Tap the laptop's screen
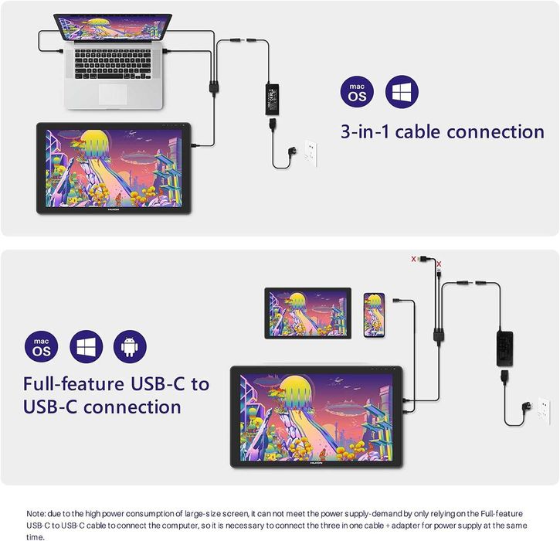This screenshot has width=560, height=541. pyautogui.click(x=114, y=29)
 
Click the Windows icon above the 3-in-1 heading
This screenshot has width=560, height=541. pyautogui.click(x=402, y=92)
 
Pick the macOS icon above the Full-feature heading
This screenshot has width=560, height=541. pyautogui.click(x=40, y=347)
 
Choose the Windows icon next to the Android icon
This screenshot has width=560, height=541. pyautogui.click(x=86, y=346)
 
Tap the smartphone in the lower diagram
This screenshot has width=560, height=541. pyautogui.click(x=374, y=314)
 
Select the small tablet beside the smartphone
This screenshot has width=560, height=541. pyautogui.click(x=308, y=311)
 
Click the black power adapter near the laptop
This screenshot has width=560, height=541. pyautogui.click(x=276, y=98)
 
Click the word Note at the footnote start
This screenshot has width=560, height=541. pyautogui.click(x=36, y=512)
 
